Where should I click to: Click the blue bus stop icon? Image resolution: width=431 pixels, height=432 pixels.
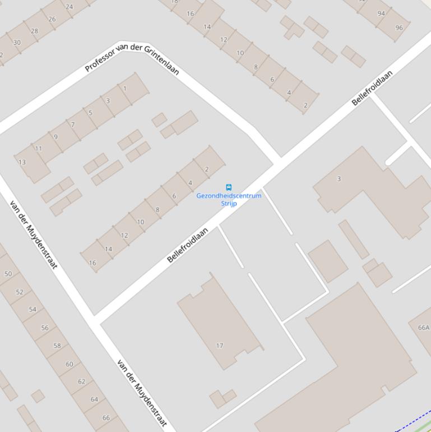(229, 187)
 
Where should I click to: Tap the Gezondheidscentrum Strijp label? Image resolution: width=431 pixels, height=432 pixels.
(229, 199)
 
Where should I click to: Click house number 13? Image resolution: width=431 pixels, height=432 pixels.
(22, 162)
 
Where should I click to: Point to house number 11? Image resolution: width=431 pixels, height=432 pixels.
(38, 149)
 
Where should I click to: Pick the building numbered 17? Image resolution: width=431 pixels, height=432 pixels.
(220, 346)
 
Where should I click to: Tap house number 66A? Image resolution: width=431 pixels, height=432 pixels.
(424, 328)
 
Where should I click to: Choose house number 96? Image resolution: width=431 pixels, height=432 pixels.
(399, 27)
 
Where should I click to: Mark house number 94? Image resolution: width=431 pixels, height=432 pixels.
(382, 13)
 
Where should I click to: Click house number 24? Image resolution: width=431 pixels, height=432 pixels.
(69, 7)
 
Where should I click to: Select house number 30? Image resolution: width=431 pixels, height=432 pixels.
(17, 43)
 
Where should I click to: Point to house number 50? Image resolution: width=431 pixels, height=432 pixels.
(8, 274)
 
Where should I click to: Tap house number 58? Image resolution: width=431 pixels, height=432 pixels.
(57, 346)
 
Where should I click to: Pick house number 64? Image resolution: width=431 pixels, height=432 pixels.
(94, 399)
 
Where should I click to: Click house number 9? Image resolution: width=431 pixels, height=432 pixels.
(55, 136)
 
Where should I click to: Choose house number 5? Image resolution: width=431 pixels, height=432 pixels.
(90, 113)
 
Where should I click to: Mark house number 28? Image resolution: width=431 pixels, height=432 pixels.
(34, 31)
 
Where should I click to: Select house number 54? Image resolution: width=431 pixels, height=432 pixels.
(33, 310)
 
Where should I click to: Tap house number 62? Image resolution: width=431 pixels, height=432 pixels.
(82, 382)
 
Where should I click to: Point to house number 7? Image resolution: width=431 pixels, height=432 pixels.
(73, 125)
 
